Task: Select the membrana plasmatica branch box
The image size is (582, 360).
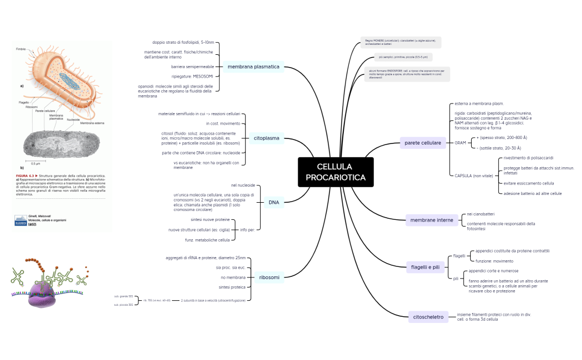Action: click(x=254, y=67)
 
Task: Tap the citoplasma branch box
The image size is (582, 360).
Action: click(x=266, y=138)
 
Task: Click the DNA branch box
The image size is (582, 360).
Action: click(x=274, y=202)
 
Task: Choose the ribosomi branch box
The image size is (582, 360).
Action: click(x=269, y=277)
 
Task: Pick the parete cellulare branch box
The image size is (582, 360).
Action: click(x=423, y=143)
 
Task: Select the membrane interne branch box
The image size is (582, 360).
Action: click(x=431, y=220)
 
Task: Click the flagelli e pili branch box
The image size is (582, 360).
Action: click(x=425, y=268)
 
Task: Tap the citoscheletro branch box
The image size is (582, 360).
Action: click(x=428, y=317)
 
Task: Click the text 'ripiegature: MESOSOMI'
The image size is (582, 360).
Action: click(x=192, y=76)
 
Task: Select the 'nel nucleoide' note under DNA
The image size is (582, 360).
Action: click(x=243, y=185)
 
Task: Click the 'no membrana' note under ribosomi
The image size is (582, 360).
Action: click(x=233, y=277)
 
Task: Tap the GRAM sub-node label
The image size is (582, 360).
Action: click(x=460, y=143)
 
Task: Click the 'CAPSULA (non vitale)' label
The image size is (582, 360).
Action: click(x=473, y=176)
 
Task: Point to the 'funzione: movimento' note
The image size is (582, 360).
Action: click(x=494, y=261)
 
